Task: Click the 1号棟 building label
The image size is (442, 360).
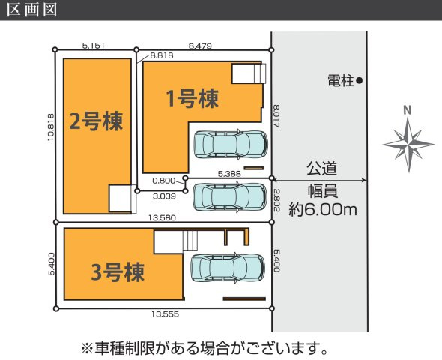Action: (x=193, y=99)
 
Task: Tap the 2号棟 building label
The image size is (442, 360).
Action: (x=96, y=121)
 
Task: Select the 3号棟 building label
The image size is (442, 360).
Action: (x=118, y=272)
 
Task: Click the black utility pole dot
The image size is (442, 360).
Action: (x=359, y=81)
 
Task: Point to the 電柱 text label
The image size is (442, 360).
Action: (x=341, y=81)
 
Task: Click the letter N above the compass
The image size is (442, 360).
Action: (x=408, y=110)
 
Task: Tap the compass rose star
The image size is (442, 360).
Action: (x=408, y=145)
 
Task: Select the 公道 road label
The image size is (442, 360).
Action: (x=321, y=169)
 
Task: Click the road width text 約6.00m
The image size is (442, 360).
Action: (x=323, y=210)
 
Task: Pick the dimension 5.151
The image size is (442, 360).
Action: (x=94, y=46)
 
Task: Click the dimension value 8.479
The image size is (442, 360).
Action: (x=200, y=46)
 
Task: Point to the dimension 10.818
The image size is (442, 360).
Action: (x=51, y=127)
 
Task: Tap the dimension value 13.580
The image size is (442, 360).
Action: (x=162, y=217)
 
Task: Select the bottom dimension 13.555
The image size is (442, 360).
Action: (x=165, y=314)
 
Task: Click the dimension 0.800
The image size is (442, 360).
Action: (x=164, y=181)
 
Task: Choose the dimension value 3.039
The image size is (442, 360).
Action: (x=164, y=196)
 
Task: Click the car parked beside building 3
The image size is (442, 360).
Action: (x=228, y=268)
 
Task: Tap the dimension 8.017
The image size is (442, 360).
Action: (x=276, y=116)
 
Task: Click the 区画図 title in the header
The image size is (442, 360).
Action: (x=32, y=9)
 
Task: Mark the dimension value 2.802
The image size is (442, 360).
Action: (x=276, y=200)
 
